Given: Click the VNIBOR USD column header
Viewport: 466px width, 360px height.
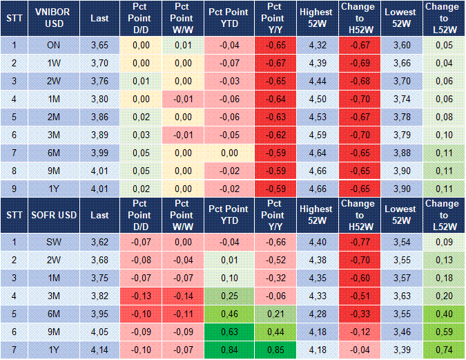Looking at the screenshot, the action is pyautogui.click(x=54, y=18).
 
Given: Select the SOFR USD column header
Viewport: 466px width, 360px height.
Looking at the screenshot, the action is pyautogui.click(x=54, y=215).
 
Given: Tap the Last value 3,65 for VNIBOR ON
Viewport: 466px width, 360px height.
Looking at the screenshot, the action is pyautogui.click(x=99, y=45).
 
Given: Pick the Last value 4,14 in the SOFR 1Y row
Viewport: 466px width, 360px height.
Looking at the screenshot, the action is pyautogui.click(x=99, y=350).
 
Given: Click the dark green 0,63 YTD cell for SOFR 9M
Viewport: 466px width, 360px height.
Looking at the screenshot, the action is pyautogui.click(x=229, y=332).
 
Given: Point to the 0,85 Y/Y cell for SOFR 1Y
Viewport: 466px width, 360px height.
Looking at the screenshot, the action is pyautogui.click(x=275, y=350).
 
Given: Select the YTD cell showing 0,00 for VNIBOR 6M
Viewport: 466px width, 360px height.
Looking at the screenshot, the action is pyautogui.click(x=229, y=153).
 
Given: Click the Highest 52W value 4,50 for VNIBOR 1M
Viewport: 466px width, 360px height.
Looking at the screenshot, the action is pyautogui.click(x=318, y=99).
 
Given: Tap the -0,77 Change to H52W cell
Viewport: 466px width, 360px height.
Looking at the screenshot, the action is pyautogui.click(x=360, y=242).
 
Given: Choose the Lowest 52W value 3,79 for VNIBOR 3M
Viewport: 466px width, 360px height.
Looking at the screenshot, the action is pyautogui.click(x=402, y=135).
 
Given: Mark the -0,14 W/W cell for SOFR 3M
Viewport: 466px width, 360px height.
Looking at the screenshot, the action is pyautogui.click(x=183, y=296).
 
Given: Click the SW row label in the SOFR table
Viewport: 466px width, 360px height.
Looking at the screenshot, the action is pyautogui.click(x=54, y=242).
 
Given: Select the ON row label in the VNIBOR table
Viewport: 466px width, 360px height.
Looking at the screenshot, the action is pyautogui.click(x=54, y=45).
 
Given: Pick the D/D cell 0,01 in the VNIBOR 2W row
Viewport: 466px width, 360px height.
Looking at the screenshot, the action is pyautogui.click(x=141, y=82).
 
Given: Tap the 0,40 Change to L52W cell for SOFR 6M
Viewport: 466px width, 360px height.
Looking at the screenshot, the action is pyautogui.click(x=444, y=314).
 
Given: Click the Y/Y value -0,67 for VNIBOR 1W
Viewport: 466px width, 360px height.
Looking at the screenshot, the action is pyautogui.click(x=275, y=63).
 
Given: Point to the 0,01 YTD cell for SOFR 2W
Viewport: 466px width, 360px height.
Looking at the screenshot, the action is pyautogui.click(x=229, y=260).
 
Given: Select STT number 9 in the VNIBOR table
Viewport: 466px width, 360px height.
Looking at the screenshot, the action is pyautogui.click(x=14, y=189).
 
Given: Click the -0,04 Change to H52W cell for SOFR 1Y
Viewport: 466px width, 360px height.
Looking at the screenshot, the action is pyautogui.click(x=360, y=350).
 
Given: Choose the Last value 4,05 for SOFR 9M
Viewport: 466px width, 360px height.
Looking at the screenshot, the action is pyautogui.click(x=99, y=332).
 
